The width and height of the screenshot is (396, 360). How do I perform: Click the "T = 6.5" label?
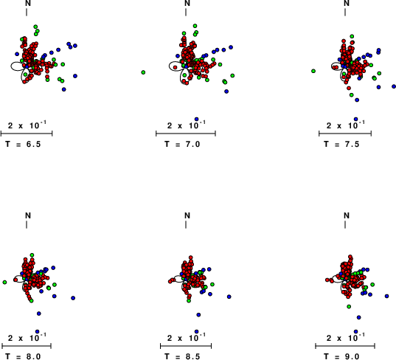(23, 145)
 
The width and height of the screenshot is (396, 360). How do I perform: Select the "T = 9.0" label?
(341, 356)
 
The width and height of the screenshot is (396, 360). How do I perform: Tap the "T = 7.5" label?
(341, 145)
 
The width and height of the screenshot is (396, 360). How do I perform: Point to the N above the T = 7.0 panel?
(187, 3)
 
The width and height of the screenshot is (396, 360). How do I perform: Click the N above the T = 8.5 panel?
(187, 215)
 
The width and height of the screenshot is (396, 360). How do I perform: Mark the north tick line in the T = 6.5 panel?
(27, 12)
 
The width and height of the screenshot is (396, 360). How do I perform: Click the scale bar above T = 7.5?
(345, 134)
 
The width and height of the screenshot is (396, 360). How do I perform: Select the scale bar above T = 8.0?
(27, 346)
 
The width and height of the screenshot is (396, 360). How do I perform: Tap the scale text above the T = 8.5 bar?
(187, 337)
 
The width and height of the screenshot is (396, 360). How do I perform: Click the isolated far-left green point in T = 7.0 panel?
(143, 72)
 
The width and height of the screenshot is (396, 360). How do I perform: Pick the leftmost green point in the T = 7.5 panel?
(313, 71)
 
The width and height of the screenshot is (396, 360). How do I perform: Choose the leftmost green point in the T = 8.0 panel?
(4, 282)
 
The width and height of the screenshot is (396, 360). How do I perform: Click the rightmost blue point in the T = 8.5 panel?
(229, 297)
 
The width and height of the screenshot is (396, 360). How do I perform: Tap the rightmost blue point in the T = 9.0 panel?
(386, 296)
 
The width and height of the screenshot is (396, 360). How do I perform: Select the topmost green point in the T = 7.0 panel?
(195, 26)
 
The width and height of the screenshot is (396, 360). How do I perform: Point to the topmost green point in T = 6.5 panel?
(35, 27)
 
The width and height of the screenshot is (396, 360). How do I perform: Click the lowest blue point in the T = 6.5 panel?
(64, 89)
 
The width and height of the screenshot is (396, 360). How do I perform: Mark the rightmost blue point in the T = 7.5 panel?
(394, 86)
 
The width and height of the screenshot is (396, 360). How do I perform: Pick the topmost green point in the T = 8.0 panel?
(32, 255)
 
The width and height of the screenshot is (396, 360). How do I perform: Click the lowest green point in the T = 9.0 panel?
(349, 306)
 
